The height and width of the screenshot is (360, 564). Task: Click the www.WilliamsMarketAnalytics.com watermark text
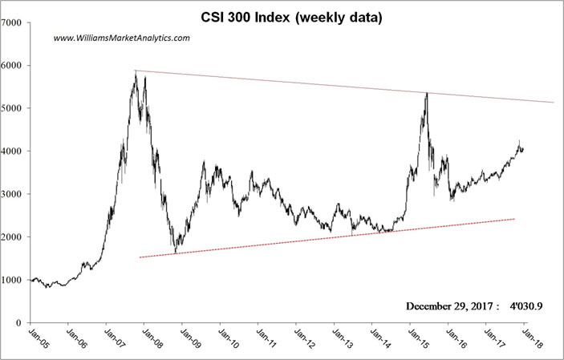coord(121,38)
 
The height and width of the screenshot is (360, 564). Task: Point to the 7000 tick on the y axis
coord(12,22)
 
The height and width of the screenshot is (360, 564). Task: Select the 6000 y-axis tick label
coord(12,66)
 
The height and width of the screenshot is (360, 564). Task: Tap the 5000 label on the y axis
coord(12,108)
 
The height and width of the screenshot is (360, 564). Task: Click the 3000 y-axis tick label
coord(12,194)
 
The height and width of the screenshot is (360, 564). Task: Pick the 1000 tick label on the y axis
coord(12,280)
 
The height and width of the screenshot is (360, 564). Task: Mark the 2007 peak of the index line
coord(136,72)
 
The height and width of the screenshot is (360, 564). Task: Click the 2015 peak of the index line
coord(427,93)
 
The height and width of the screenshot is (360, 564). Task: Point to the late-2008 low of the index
coord(175,253)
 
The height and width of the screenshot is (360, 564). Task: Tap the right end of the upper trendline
coord(554,102)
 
